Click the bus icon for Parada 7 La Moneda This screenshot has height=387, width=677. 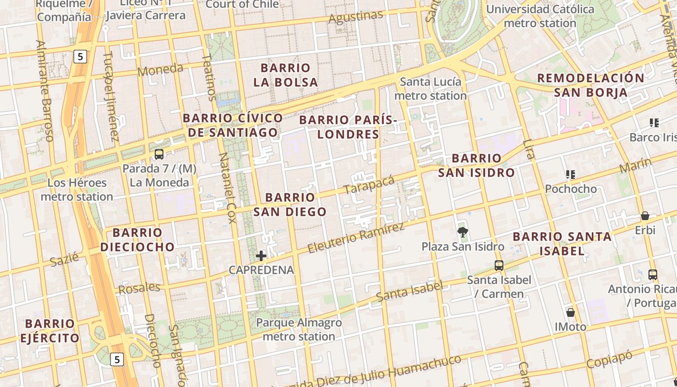tap(159, 154)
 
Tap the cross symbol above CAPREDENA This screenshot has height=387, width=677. tap(261, 255)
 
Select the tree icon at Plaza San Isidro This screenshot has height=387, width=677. tap(463, 232)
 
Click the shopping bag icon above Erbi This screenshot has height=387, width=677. tap(645, 216)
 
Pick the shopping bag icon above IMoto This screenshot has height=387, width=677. tap(571, 313)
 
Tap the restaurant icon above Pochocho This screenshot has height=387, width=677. tap(571, 174)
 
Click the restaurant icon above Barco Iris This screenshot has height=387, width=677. tap(654, 123)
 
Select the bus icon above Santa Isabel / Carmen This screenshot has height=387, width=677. tap(499, 265)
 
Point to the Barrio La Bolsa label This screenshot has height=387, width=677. tap(286, 75)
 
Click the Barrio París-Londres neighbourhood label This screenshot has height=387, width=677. tap(348, 127)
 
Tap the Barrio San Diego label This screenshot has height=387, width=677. tap(290, 205)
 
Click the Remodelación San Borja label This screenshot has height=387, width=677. tap(590, 85)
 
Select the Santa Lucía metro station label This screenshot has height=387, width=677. tap(430, 89)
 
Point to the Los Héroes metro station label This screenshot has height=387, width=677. tap(77, 190)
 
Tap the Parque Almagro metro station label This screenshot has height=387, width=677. tap(299, 329)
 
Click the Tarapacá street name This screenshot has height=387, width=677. tap(368, 185)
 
